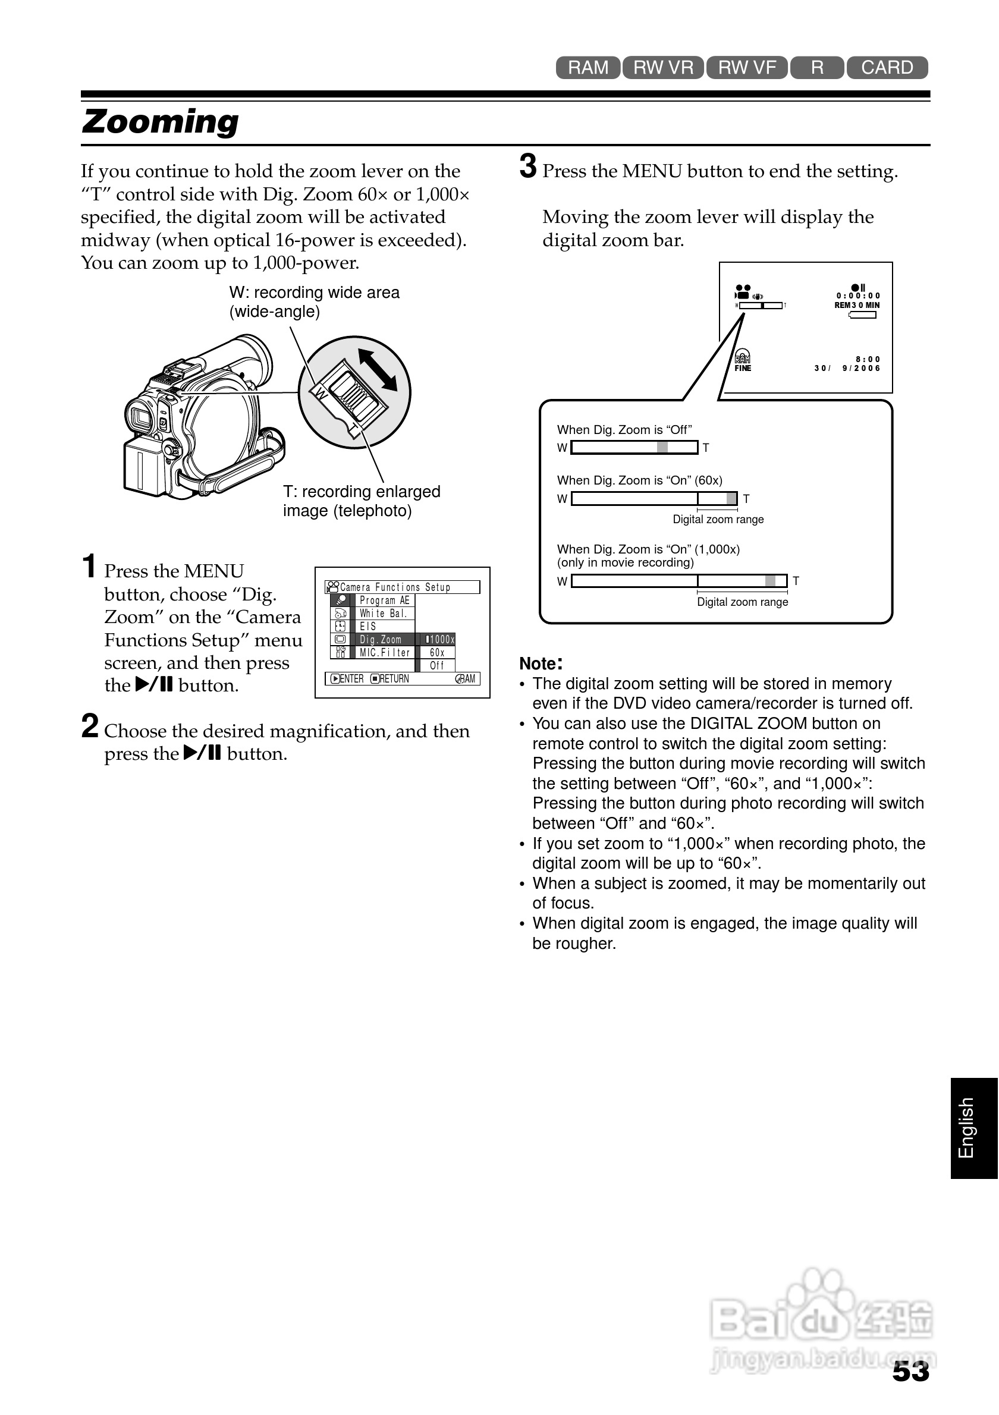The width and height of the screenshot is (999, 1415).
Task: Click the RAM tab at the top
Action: (x=588, y=68)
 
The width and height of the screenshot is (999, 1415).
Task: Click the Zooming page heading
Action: (x=160, y=121)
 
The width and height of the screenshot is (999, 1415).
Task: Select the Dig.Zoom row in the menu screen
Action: (x=380, y=640)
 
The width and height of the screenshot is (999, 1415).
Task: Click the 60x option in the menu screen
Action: (x=436, y=653)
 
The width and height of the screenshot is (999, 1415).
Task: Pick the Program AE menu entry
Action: (x=384, y=600)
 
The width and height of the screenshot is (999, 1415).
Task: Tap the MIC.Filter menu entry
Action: (x=385, y=653)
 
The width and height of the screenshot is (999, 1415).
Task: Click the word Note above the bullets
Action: (x=538, y=664)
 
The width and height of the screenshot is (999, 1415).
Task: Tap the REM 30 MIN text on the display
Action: (x=857, y=305)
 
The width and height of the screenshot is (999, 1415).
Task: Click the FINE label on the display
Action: (x=743, y=369)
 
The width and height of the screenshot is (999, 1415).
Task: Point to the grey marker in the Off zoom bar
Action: (x=662, y=448)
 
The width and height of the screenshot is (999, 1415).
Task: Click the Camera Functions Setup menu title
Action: (x=395, y=587)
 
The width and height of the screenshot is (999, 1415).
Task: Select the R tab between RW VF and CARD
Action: (x=816, y=68)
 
